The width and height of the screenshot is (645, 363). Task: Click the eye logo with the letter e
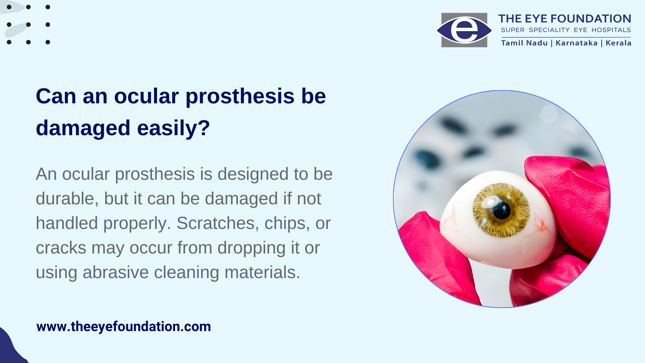click(464, 30)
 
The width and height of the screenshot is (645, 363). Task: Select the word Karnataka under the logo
click(577, 43)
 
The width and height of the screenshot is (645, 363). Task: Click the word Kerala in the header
click(619, 43)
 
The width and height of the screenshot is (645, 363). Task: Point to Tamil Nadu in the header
click(524, 43)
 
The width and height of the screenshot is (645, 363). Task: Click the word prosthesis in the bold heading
click(240, 97)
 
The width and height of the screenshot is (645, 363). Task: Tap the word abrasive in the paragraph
click(116, 272)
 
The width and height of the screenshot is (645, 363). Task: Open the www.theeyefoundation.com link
click(124, 327)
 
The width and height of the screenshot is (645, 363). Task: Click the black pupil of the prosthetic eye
click(501, 211)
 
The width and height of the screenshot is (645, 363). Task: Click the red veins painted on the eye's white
click(538, 225)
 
